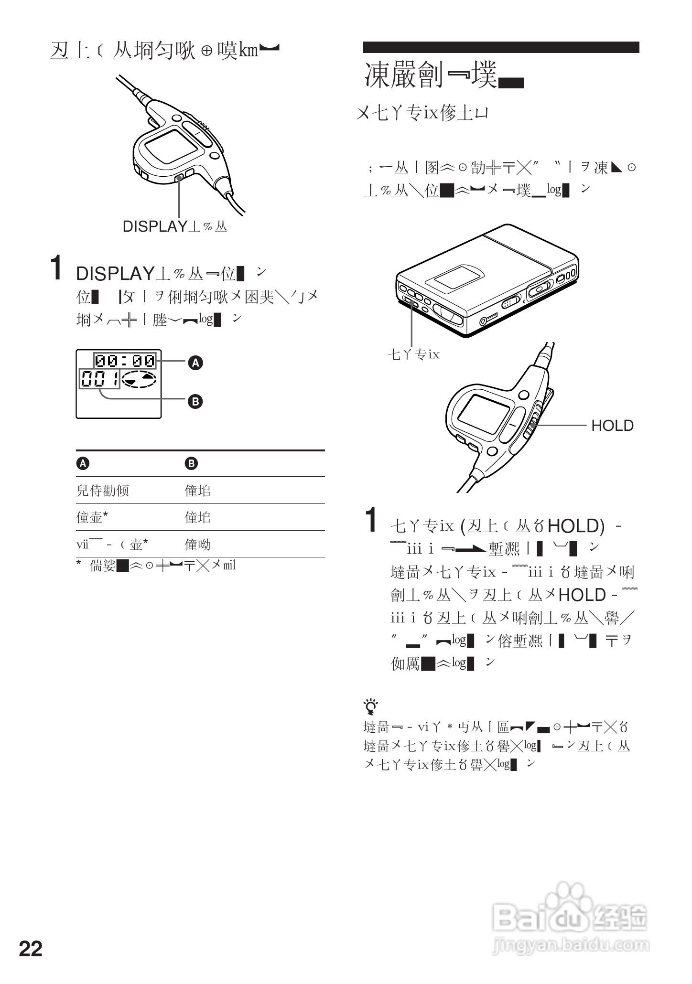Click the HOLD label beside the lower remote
click(612, 426)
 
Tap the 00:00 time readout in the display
click(125, 361)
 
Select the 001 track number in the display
click(100, 380)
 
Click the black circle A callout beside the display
click(195, 363)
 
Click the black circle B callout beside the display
click(195, 401)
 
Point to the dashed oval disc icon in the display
click(139, 379)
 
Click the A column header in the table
click(83, 463)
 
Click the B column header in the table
click(191, 463)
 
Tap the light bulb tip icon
click(370, 706)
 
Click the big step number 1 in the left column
click(56, 268)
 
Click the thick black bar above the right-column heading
click(501, 47)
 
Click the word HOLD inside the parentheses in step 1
click(573, 526)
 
